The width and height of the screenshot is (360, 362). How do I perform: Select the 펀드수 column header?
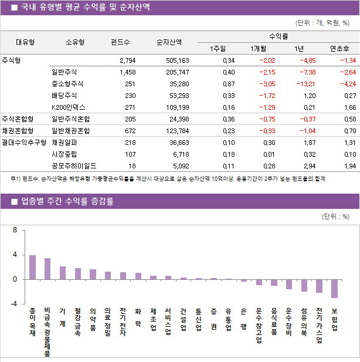(x=120, y=42)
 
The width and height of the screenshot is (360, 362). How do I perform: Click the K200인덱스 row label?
(x=68, y=107)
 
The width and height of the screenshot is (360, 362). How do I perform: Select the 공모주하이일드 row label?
(x=74, y=166)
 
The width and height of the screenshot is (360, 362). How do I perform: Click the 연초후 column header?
(x=339, y=49)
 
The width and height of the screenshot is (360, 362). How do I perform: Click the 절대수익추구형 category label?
(x=23, y=143)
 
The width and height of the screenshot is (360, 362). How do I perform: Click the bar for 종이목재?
(x=32, y=268)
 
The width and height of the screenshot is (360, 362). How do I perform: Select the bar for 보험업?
(x=334, y=289)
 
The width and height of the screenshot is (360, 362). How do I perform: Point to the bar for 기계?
(x=63, y=273)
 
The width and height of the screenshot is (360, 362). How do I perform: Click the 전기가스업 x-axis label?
(x=319, y=325)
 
